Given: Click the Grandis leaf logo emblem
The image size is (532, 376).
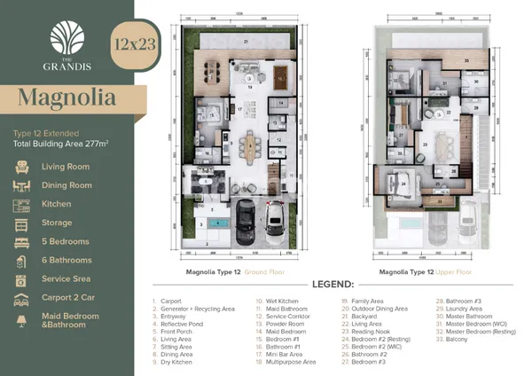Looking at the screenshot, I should pyautogui.click(x=67, y=38).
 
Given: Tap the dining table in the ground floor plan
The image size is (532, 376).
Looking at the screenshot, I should pyautogui.click(x=248, y=145).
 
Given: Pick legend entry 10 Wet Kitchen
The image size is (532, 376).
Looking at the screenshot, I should pyautogui.click(x=278, y=302).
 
